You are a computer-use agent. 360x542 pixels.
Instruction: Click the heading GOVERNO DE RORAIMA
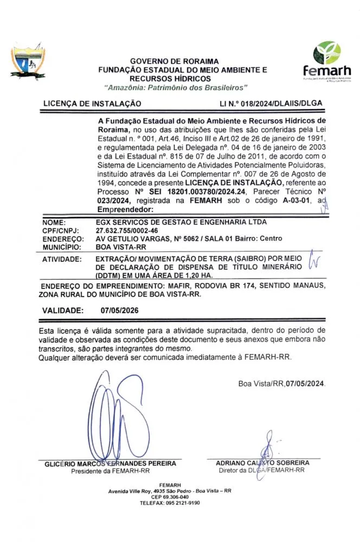click(175, 61)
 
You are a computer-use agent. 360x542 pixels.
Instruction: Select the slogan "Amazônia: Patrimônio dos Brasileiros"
click(175, 87)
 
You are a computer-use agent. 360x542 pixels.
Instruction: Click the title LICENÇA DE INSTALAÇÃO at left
click(92, 103)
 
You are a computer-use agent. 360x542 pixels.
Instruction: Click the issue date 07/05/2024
click(306, 383)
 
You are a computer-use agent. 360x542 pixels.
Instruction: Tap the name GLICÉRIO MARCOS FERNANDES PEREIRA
click(111, 463)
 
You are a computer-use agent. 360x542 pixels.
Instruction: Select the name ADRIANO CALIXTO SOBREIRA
click(262, 463)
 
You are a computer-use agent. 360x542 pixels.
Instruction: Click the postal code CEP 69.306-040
click(170, 496)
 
